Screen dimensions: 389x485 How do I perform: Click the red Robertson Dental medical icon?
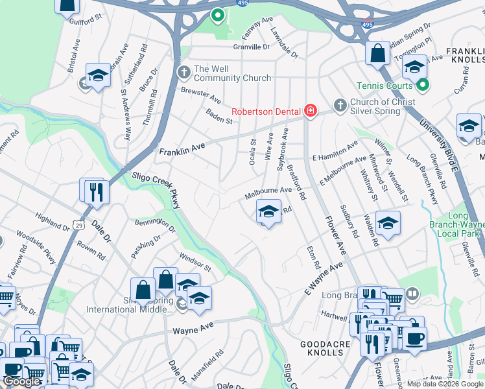311,111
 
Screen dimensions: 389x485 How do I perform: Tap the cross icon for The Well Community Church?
184,70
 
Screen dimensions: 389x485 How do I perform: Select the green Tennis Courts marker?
423,85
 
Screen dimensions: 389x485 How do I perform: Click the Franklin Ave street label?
182,150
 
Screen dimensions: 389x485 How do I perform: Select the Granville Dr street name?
252,47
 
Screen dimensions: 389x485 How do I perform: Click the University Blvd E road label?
438,141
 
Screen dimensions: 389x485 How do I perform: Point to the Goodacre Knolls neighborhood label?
322,348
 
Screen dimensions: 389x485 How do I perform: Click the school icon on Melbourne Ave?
268,211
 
